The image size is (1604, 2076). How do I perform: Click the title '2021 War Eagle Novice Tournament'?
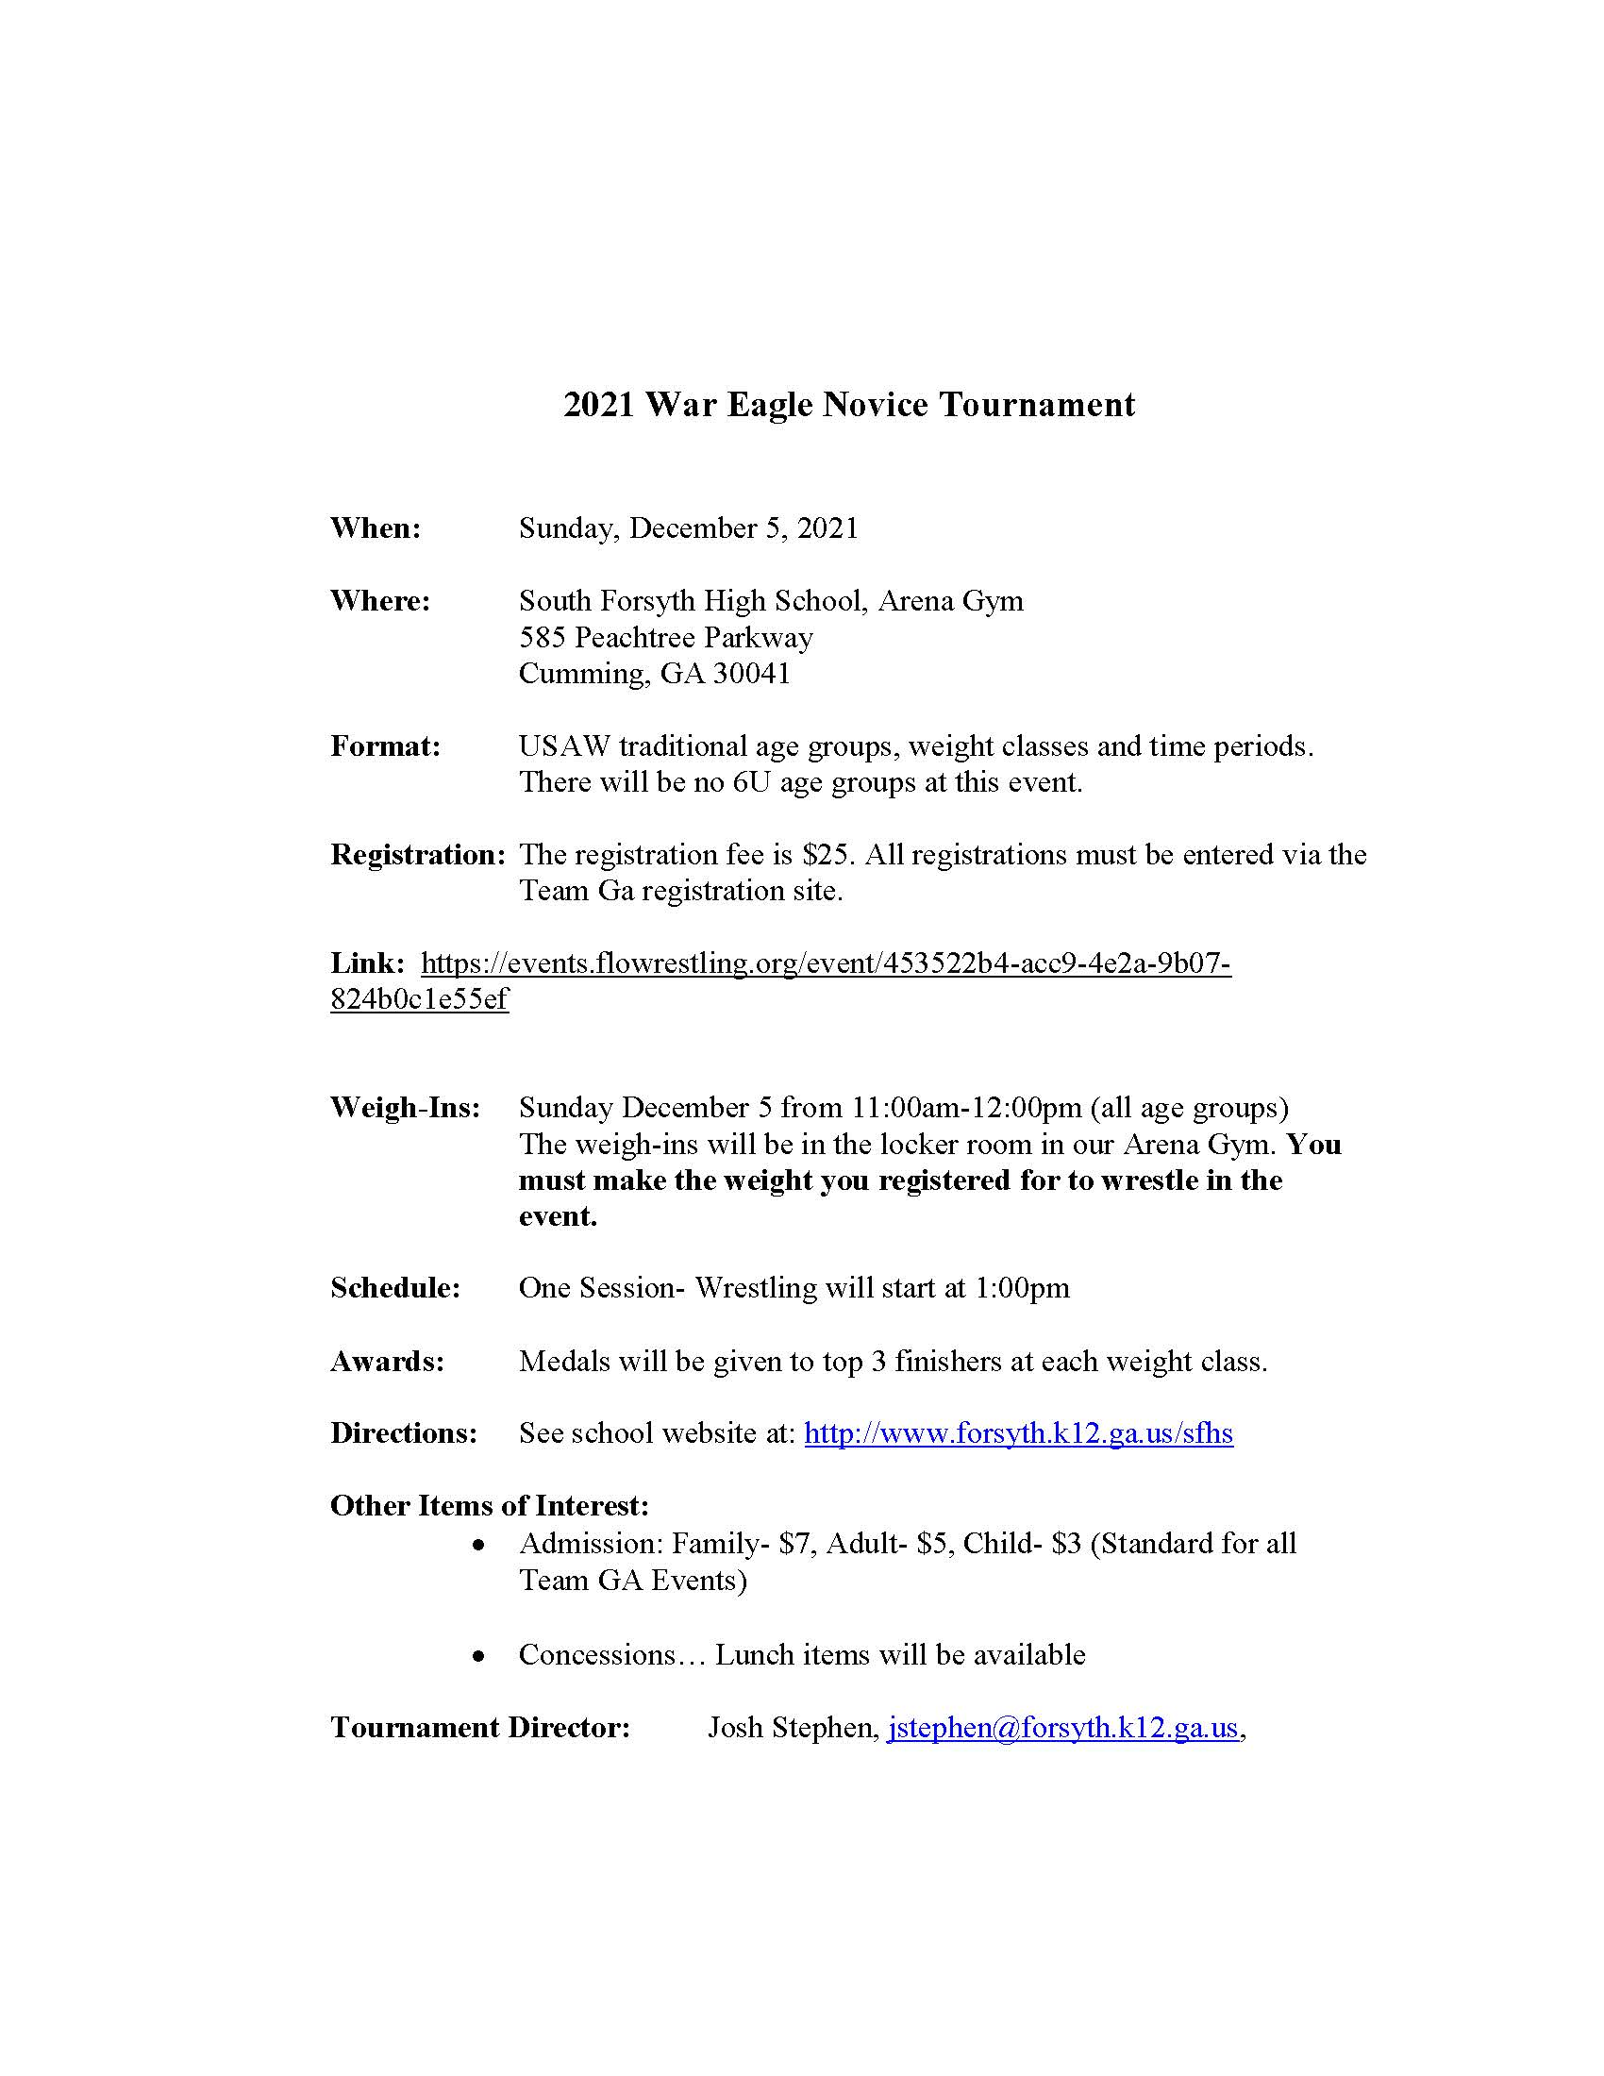pos(848,405)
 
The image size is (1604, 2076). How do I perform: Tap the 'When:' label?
pos(376,527)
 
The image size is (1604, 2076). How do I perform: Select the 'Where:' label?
pos(380,601)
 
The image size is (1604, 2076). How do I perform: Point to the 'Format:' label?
pos(385,746)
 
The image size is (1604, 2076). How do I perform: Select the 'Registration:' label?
pos(417,855)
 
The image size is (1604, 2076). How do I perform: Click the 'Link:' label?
pos(368,963)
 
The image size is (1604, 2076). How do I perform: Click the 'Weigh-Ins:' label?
pos(406,1108)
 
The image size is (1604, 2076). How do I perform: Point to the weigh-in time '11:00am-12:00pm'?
pos(966,1108)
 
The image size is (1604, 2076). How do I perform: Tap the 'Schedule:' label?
pos(395,1288)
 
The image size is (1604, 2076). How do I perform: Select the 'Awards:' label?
pos(387,1361)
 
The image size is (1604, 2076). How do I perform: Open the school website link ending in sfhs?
pos(1018,1433)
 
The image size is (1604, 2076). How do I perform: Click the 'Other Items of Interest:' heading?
pos(490,1506)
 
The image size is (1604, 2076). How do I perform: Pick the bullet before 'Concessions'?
pos(480,1657)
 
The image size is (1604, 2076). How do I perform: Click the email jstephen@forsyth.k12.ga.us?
pos(1062,1727)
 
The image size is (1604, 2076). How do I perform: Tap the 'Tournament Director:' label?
pos(480,1727)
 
